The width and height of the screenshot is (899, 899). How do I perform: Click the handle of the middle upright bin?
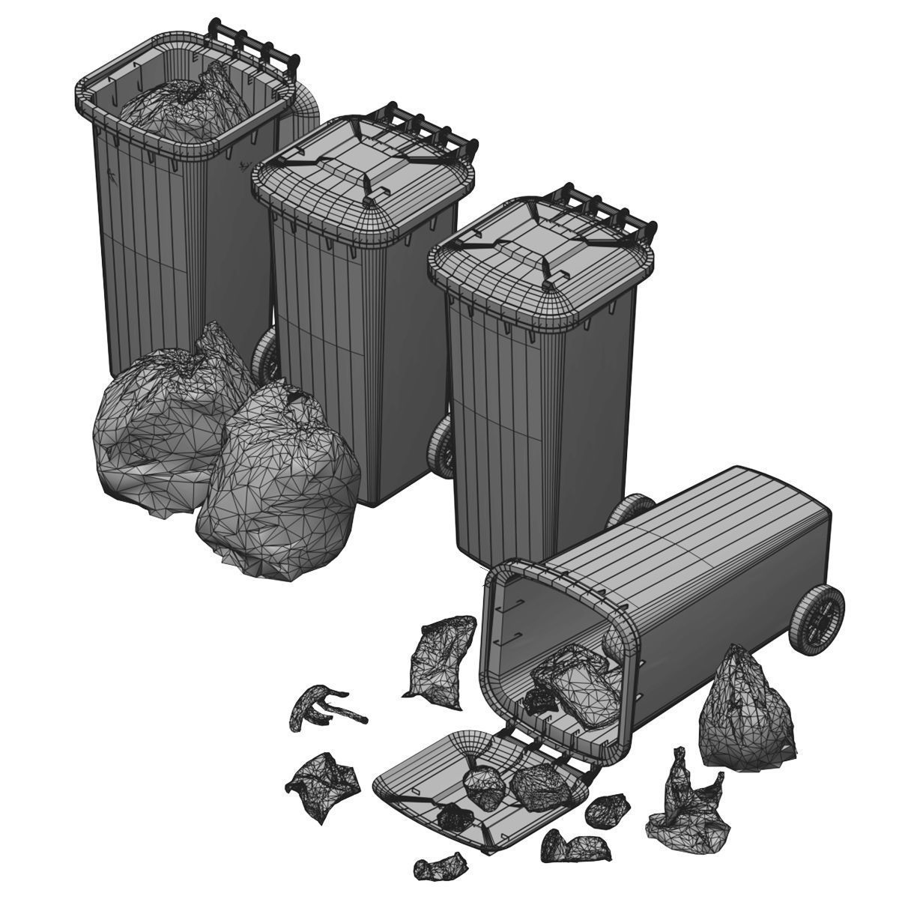pos(431,127)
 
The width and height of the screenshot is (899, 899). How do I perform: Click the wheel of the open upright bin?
pos(264,356)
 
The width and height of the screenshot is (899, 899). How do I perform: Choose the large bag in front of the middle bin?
pos(281,487)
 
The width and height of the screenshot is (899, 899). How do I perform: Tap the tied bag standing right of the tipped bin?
pos(745,715)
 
